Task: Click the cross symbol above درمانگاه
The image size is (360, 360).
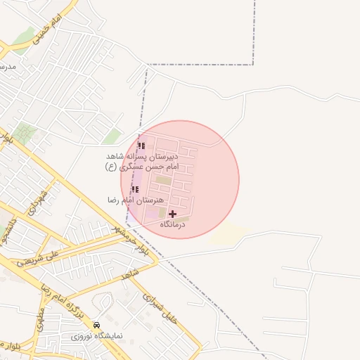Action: [x=173, y=214]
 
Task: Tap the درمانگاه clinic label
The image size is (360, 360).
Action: [x=172, y=224]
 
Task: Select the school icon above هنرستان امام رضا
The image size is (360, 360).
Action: [x=135, y=190]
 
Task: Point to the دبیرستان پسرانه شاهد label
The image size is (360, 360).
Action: [x=143, y=156]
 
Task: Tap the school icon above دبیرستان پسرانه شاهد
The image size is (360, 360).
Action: [x=141, y=146]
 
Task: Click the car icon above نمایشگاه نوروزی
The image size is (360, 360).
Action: [x=96, y=326]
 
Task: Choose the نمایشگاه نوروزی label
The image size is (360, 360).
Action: [x=96, y=336]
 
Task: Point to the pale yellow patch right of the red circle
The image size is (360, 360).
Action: [x=227, y=234]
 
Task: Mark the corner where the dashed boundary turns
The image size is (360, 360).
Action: [x=252, y=65]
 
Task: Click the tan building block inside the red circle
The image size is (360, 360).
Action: [x=163, y=181]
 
